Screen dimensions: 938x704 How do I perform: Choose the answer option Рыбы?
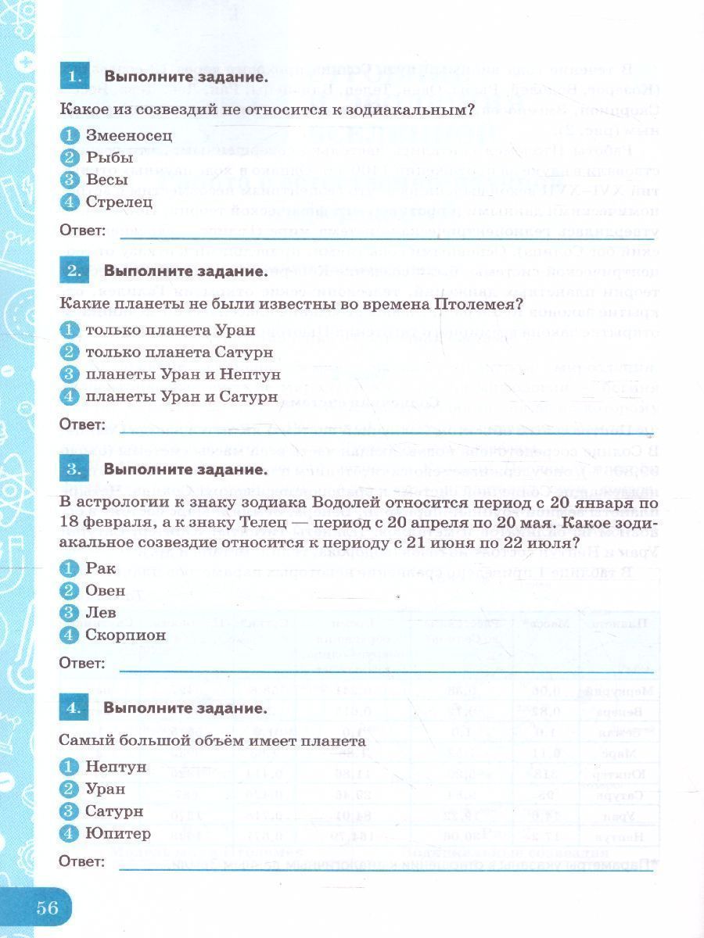(109, 157)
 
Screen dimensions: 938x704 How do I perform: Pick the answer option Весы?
(107, 180)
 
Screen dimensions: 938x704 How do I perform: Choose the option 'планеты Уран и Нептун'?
(182, 374)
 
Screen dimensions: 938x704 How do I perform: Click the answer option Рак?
(100, 568)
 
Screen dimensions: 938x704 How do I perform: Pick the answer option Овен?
(105, 590)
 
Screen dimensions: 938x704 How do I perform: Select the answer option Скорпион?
(125, 635)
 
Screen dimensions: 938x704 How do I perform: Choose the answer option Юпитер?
(117, 833)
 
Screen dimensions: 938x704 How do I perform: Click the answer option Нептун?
(116, 766)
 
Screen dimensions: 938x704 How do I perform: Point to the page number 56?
(47, 908)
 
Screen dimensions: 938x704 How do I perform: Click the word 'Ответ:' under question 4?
(82, 861)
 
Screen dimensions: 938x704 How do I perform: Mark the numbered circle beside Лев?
(70, 613)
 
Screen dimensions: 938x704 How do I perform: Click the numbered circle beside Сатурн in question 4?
(70, 811)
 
